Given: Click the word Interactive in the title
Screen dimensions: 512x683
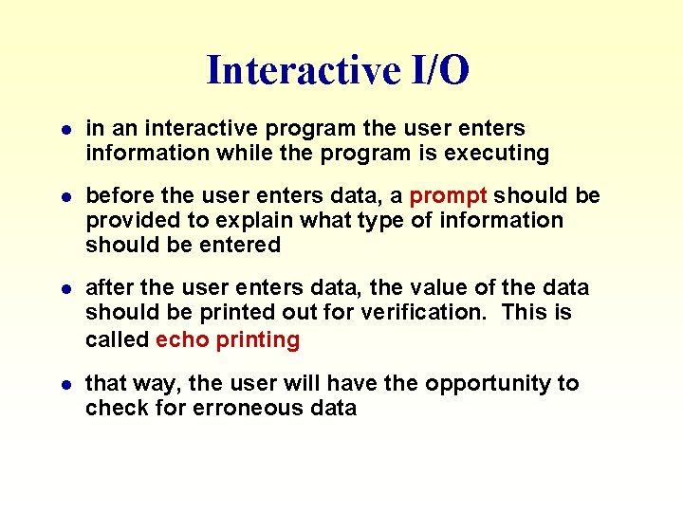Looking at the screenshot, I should click(291, 70).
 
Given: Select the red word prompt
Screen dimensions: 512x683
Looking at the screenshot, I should click(448, 195).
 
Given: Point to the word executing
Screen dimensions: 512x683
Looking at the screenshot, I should click(498, 153).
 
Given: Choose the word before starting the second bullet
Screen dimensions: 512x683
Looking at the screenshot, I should click(117, 195).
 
